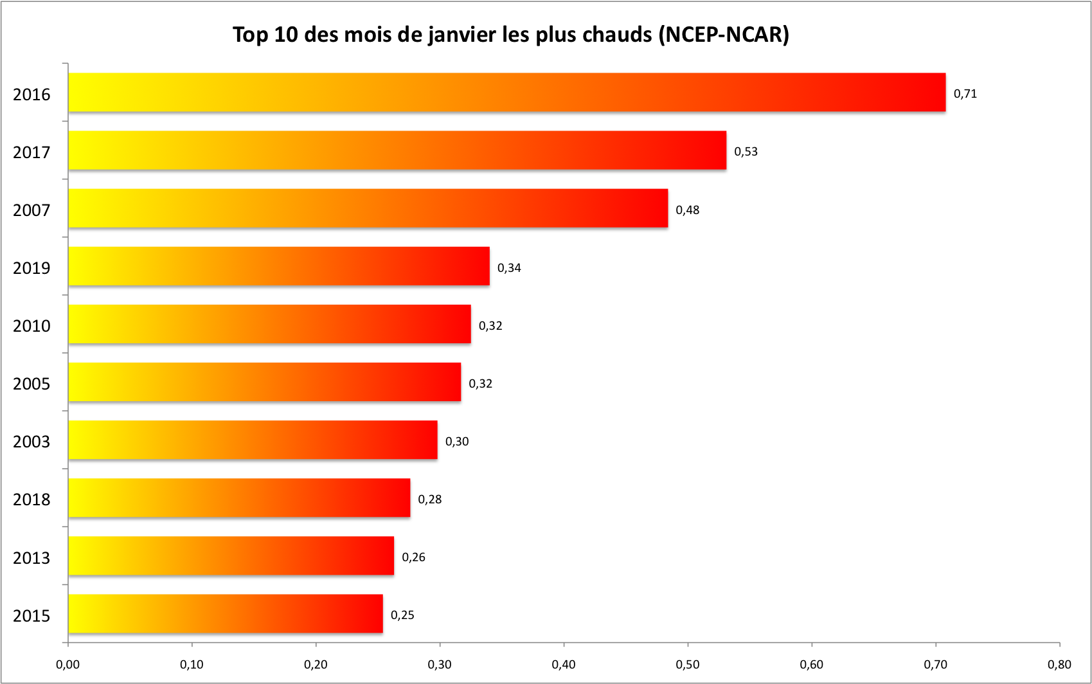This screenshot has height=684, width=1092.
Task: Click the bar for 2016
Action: pos(506,93)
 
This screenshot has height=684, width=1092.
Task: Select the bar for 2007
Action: pos(368,208)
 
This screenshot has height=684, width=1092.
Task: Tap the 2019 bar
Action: pos(278,266)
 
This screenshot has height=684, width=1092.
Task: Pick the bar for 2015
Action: pos(225,614)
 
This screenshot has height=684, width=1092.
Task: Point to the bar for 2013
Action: pos(231,556)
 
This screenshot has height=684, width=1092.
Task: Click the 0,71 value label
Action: pos(965,94)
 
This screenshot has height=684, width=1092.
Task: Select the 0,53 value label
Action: pos(746,152)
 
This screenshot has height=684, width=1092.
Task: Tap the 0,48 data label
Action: pos(687,210)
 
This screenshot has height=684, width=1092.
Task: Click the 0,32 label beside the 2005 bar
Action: pos(480,384)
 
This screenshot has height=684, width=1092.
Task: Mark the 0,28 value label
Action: pos(429,500)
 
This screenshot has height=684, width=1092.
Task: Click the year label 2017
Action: pos(31,152)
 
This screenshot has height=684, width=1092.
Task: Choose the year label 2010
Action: pos(31,326)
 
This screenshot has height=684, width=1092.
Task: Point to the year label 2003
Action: pos(31,442)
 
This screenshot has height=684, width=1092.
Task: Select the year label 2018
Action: pos(31,500)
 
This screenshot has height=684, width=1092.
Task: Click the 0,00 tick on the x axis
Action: pos(67,665)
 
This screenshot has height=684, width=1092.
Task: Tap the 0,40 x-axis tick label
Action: pos(564,665)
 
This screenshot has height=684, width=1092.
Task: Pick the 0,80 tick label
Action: pos(1059,665)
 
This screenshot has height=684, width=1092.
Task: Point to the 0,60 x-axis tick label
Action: pos(811,665)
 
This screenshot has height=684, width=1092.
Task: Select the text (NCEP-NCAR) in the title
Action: pos(724,35)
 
